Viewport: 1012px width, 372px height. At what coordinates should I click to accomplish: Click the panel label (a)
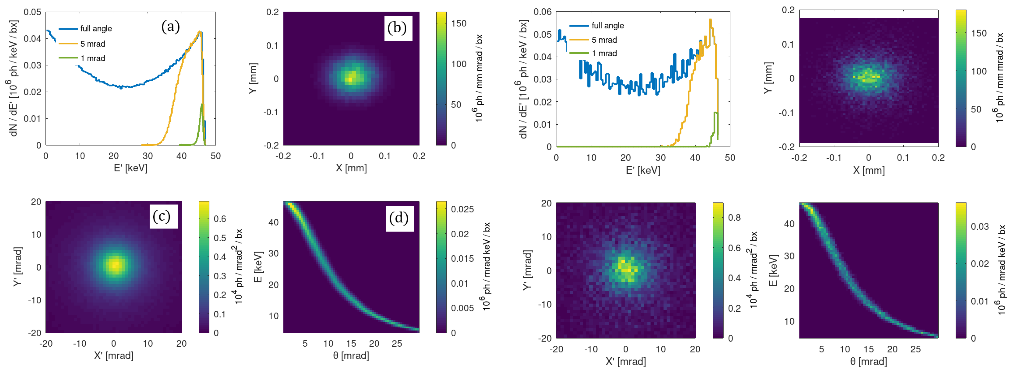171,27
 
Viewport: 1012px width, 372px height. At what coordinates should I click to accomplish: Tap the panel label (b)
397,28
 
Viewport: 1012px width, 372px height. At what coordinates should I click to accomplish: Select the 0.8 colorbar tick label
734,218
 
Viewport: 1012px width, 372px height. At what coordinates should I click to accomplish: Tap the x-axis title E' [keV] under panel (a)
130,168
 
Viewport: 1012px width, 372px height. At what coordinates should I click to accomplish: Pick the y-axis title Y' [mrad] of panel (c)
17,267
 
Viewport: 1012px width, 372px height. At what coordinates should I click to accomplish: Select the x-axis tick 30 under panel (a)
147,156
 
